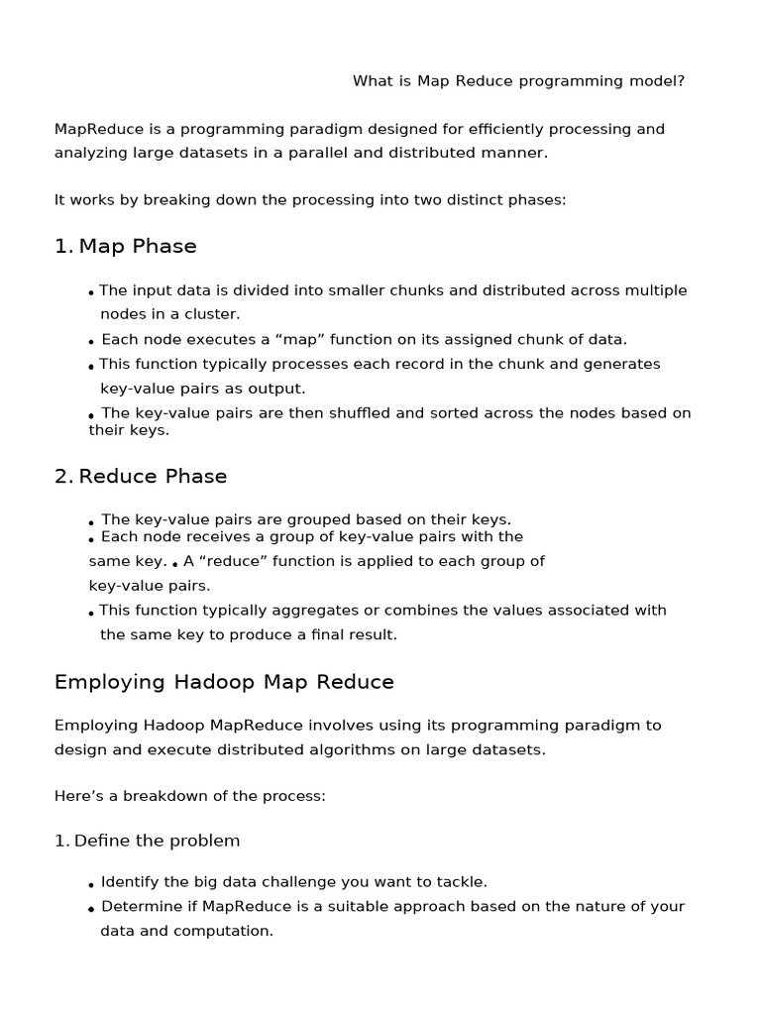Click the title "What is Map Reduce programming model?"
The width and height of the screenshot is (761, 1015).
point(518,81)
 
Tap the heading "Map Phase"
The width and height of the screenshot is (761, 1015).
point(138,246)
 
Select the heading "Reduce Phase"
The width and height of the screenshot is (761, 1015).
point(153,477)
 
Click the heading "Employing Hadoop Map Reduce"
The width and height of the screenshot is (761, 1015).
point(224,682)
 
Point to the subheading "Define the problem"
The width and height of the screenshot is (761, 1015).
point(157,841)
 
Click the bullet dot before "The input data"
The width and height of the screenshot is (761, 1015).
point(91,293)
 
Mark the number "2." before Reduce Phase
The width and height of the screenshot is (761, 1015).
point(63,477)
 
